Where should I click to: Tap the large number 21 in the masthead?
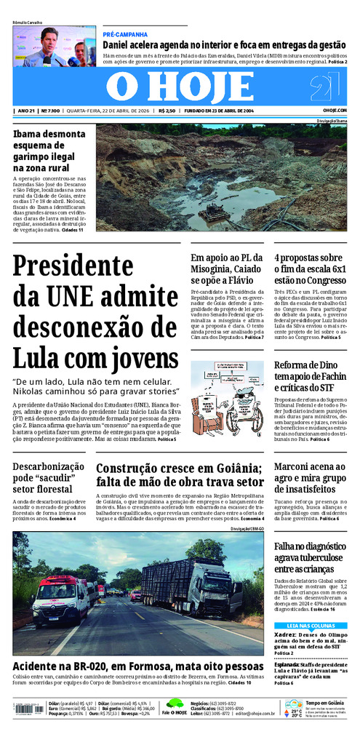click(324, 88)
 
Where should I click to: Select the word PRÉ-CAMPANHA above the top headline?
click(125, 34)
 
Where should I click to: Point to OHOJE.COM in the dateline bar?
click(335, 111)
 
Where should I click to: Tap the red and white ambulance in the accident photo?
click(60, 599)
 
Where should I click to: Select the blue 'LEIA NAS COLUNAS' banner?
click(311, 626)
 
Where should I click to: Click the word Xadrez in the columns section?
click(286, 634)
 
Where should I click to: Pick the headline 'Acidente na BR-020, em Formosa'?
click(137, 666)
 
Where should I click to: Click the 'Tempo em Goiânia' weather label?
click(325, 703)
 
